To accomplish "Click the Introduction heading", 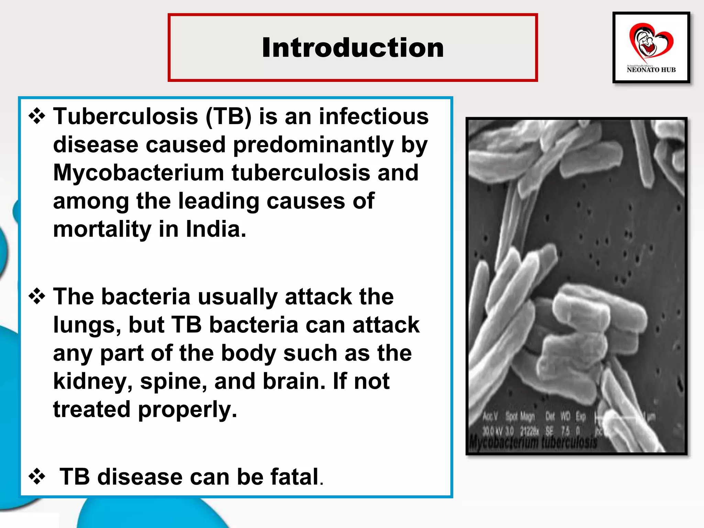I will click(353, 47).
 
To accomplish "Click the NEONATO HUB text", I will click(651, 70).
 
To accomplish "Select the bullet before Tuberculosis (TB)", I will click(37, 116).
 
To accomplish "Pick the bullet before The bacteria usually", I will click(37, 296).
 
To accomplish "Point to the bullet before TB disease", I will click(37, 477).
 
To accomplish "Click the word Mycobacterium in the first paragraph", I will click(138, 173).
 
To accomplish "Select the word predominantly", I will click(313, 144).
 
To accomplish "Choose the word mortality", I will click(102, 229).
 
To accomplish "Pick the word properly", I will click(187, 410).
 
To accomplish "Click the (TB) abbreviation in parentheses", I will click(229, 116).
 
